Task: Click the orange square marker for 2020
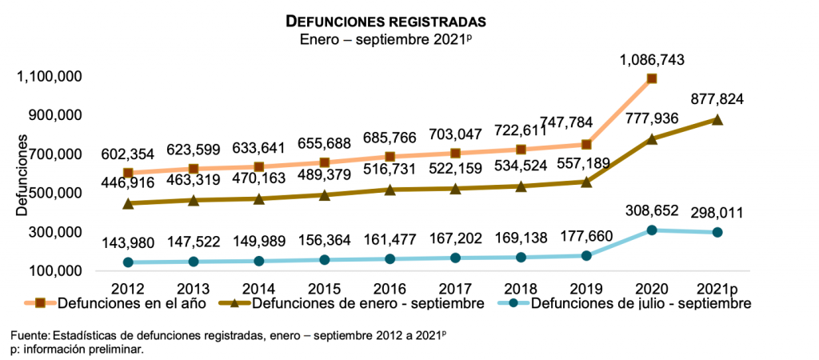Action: (652, 78)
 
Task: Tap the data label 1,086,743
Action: (652, 59)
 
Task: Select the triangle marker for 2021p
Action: (717, 120)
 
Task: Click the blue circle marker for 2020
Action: (652, 230)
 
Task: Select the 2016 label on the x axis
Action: (390, 287)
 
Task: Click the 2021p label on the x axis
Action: (717, 287)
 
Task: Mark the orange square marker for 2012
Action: (128, 173)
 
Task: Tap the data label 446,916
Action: (128, 184)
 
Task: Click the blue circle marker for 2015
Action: (324, 260)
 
